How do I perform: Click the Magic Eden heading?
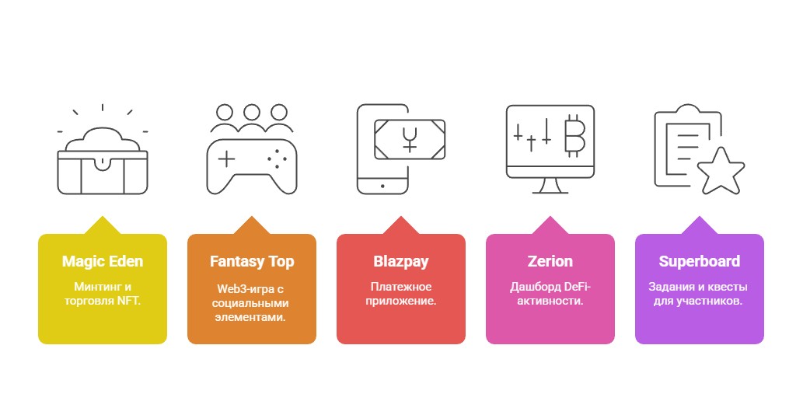pos(103,261)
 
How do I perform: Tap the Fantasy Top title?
pos(252,261)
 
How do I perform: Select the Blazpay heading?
pos(401,261)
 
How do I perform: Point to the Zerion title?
pos(550,261)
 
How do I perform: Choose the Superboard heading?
pos(699,261)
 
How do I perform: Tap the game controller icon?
pos(251,166)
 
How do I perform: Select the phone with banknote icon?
pos(400,149)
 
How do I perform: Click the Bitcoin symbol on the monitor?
pos(574,135)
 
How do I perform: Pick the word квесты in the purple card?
pos(727,287)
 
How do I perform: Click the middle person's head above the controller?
pos(251,112)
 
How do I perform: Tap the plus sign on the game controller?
pos(226,159)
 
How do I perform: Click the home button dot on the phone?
pos(382,187)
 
